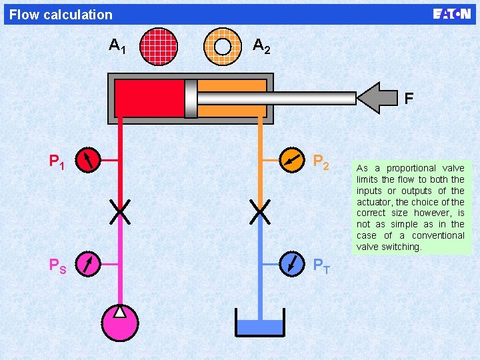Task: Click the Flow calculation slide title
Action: point(61,15)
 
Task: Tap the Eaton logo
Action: point(451,14)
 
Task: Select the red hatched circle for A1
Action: point(160,46)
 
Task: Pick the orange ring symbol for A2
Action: point(223,46)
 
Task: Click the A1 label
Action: point(118,47)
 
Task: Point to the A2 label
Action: point(261,46)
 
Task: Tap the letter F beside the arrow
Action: point(409,99)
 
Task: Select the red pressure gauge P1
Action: point(88,160)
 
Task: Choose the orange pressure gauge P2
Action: point(291,160)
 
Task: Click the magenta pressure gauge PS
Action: point(88,263)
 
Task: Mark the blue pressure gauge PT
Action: point(291,263)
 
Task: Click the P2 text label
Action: point(321,162)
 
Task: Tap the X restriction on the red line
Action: point(120,211)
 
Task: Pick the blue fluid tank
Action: point(260,326)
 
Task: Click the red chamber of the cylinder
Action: point(149,98)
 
